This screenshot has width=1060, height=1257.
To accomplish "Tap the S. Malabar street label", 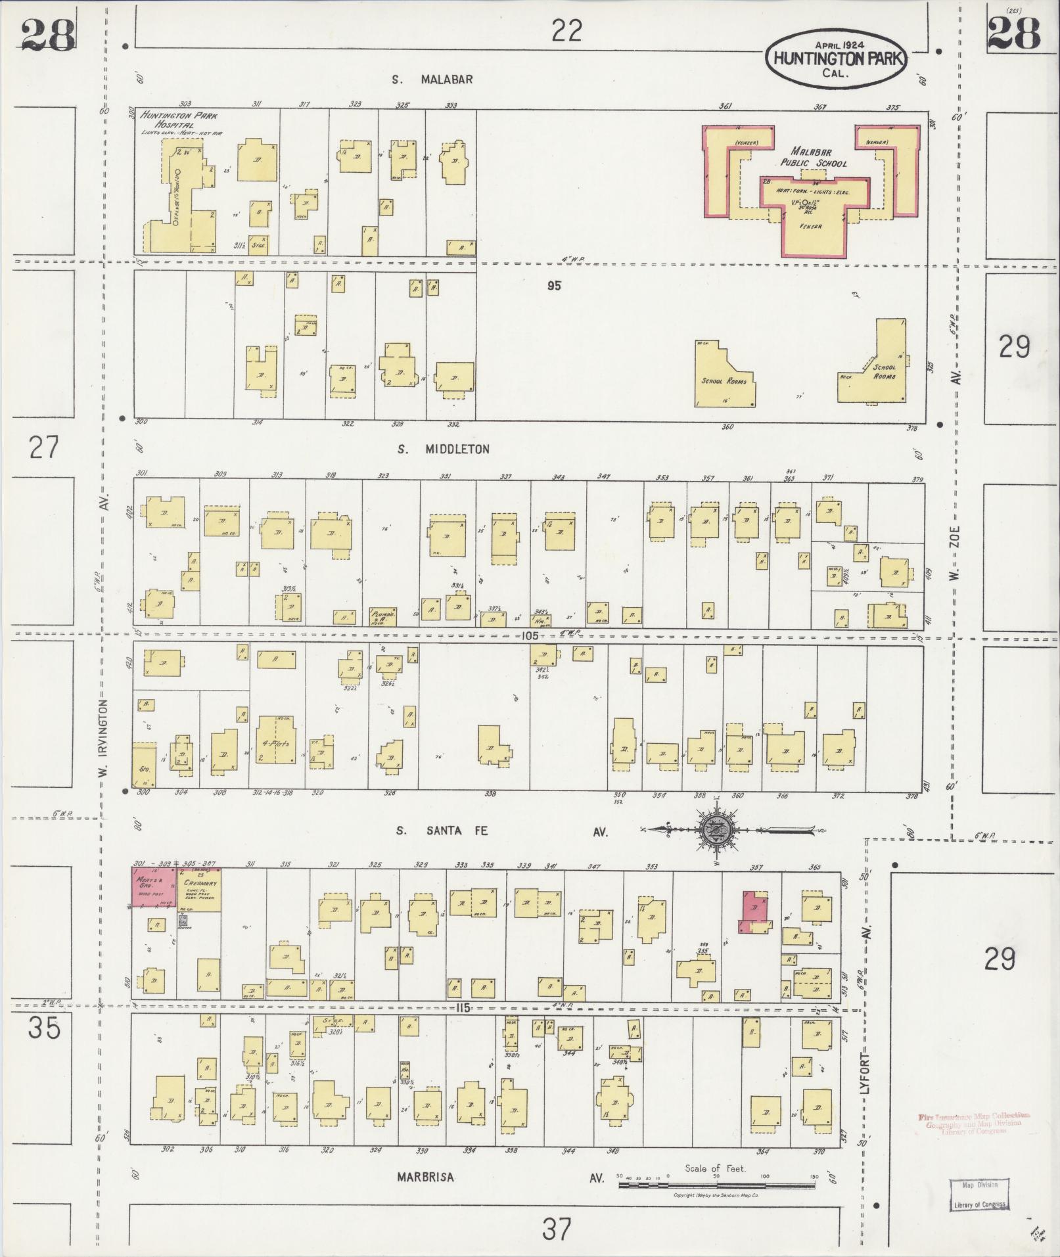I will point(432,80).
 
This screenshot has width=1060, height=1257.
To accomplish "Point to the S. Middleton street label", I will point(444,449).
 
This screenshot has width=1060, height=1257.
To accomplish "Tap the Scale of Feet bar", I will point(716,1185).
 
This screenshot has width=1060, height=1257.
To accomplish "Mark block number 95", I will point(553,286).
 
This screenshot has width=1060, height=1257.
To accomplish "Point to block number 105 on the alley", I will point(529,636).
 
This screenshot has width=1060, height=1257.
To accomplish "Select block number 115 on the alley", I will point(463,1007).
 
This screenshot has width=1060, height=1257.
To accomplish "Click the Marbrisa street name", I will point(425,1177).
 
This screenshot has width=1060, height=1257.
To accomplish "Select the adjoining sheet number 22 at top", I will point(566,30).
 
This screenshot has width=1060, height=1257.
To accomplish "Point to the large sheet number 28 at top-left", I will point(48,34).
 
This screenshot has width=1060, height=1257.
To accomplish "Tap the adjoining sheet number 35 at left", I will point(44,1026).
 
